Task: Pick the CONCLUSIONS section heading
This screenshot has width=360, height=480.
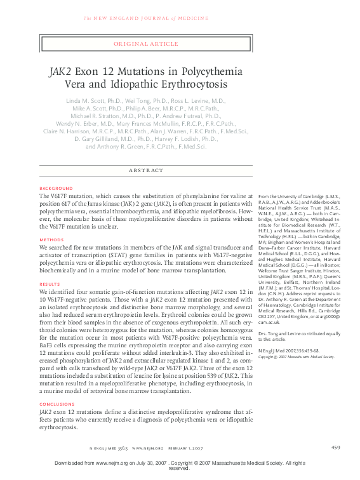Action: click(x=57, y=404)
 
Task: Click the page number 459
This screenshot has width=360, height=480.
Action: click(x=336, y=448)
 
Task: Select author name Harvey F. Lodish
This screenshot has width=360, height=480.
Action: click(x=191, y=138)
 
